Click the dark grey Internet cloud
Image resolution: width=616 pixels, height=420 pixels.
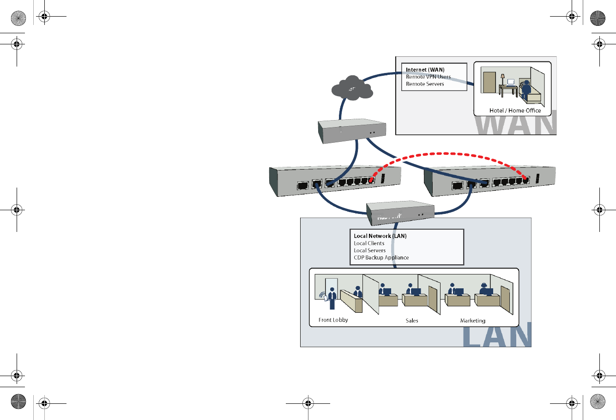(352, 89)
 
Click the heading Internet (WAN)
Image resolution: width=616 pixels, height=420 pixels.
(425, 70)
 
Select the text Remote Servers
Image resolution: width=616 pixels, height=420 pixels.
(425, 84)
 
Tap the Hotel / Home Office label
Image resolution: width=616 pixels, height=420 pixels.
(515, 110)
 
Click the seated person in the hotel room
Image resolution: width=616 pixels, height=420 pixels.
(526, 91)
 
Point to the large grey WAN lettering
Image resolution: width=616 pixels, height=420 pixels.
(515, 123)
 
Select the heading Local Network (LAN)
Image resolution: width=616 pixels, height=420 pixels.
(380, 236)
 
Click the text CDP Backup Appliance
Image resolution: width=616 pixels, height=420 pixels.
(381, 258)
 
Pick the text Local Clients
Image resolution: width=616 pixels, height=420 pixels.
(369, 243)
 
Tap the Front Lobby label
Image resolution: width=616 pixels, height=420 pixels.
(333, 320)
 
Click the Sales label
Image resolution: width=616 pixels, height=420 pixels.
(411, 321)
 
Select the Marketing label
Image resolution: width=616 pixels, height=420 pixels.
(472, 321)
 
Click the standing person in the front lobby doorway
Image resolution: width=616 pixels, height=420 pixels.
(332, 298)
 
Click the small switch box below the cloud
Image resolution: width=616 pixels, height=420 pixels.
(352, 131)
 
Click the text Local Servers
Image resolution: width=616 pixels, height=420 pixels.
(369, 250)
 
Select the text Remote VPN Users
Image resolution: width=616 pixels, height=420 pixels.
(428, 77)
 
